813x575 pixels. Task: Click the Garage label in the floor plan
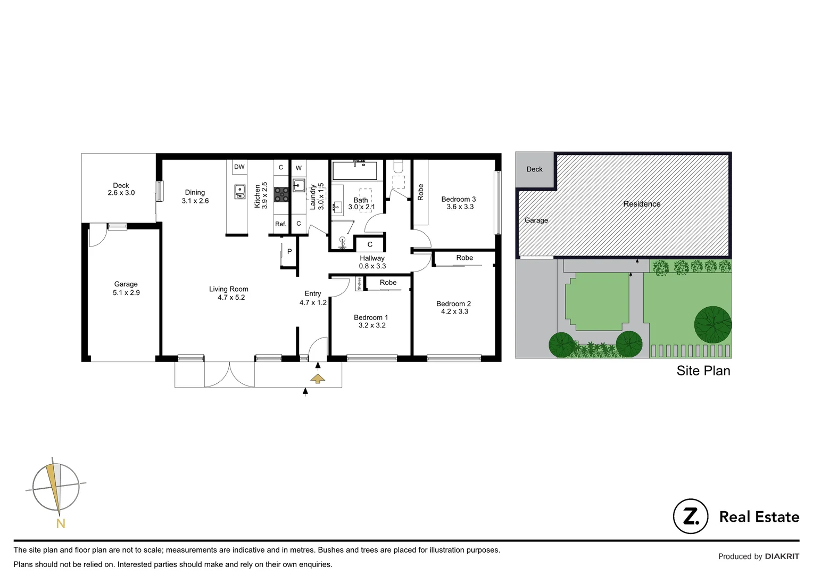126,289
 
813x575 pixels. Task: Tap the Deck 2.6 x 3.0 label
121,190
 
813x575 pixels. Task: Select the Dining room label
195,196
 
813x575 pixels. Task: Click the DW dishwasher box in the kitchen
239,167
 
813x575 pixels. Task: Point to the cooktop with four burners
281,195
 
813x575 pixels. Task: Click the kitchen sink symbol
240,192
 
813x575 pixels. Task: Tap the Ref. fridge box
281,224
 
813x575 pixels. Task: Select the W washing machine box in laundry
298,168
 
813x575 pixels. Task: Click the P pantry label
289,251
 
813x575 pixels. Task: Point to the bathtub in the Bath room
354,171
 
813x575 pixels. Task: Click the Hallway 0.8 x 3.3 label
372,262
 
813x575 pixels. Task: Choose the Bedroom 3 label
459,203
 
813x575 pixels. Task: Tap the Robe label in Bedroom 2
464,258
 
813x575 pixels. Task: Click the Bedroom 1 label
371,321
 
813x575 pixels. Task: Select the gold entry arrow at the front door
318,379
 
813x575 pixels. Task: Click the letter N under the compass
61,524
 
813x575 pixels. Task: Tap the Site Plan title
703,371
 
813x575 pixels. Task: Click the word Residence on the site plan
642,204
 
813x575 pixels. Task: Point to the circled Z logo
691,516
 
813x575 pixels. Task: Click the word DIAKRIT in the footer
782,556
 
